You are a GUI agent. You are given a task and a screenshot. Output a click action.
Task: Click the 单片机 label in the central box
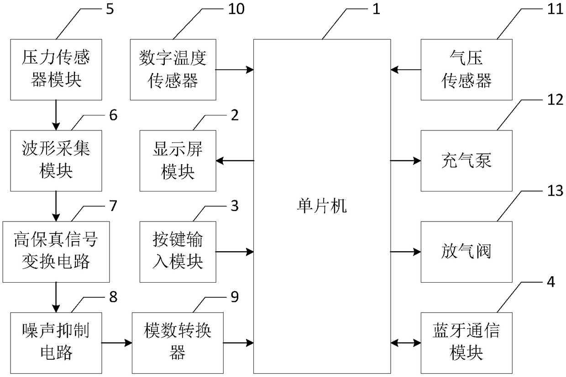(x=322, y=206)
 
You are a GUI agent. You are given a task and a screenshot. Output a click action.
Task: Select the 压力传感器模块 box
(x=56, y=70)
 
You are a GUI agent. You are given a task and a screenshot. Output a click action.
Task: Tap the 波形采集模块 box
(x=56, y=161)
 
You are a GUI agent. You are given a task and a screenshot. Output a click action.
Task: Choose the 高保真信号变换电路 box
(x=56, y=252)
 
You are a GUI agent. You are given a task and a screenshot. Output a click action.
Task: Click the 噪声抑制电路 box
(x=56, y=343)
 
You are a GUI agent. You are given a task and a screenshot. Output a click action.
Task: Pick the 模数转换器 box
(x=178, y=343)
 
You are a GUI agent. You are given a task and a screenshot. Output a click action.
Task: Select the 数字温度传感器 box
(x=173, y=70)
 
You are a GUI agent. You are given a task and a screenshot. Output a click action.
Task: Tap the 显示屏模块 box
(x=178, y=161)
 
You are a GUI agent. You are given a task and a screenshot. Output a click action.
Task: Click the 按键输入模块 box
(x=178, y=252)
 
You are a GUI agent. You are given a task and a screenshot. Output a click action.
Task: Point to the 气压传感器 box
(x=466, y=70)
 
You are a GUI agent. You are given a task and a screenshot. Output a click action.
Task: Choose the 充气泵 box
(x=466, y=161)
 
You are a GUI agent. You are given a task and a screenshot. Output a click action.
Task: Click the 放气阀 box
(x=466, y=252)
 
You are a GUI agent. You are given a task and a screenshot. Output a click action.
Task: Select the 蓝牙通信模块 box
(x=466, y=343)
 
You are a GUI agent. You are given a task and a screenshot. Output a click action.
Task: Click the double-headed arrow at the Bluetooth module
(x=406, y=343)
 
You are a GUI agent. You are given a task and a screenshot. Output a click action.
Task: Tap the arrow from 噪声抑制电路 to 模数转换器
(x=117, y=343)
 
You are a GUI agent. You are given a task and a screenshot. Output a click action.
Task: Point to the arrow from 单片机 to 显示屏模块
(x=235, y=160)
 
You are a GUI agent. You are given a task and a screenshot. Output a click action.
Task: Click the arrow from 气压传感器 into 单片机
(x=406, y=69)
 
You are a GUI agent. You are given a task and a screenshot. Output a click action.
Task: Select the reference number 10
(x=236, y=9)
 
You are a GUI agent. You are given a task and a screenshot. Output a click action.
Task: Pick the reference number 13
(x=555, y=191)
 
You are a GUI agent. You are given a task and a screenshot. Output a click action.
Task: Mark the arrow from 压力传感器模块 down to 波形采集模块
(x=56, y=115)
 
